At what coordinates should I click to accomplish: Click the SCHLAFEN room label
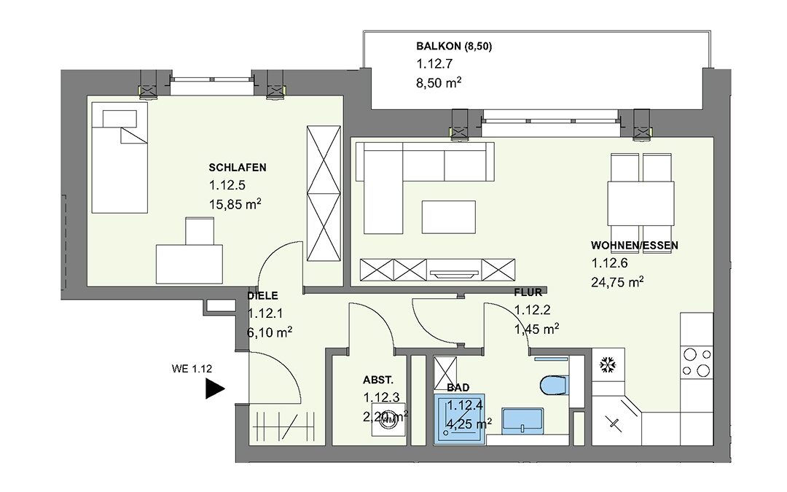point(238,168)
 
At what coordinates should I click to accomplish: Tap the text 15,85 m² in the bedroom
point(235,204)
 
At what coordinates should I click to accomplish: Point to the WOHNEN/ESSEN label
point(635,246)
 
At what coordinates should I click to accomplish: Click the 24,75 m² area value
point(617,282)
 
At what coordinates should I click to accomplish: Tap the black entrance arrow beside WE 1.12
point(214,388)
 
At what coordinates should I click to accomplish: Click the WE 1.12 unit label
point(192,369)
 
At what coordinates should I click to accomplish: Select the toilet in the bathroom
point(554,386)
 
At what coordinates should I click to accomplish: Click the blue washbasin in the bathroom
point(522,421)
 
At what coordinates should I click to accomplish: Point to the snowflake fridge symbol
point(608,365)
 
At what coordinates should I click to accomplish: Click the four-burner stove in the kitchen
point(697,362)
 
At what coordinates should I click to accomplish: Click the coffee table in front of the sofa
point(449,217)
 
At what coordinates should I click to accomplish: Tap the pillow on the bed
point(120,119)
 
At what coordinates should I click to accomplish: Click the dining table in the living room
point(641,203)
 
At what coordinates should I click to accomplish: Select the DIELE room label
point(262,296)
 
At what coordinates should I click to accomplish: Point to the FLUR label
point(528,293)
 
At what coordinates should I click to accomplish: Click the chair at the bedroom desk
point(200,232)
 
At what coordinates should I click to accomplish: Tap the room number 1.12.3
point(381,398)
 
